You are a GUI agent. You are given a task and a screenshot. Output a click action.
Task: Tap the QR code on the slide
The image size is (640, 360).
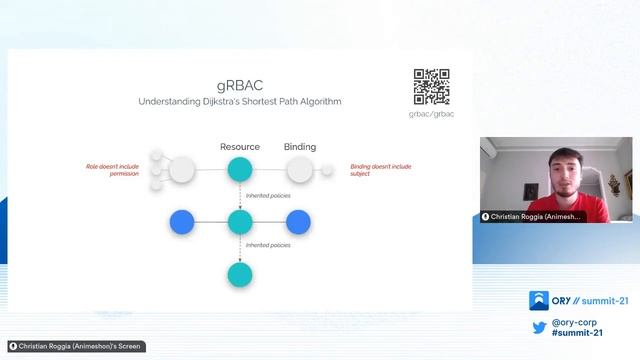point(432,87)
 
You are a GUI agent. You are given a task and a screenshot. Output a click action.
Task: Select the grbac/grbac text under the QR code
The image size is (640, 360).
point(432,114)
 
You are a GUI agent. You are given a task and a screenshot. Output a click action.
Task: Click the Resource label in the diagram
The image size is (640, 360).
point(240,147)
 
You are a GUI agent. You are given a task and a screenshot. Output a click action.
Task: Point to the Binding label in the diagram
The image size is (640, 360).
point(299,147)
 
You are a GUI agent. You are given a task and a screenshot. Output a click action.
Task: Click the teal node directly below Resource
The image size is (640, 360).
point(240,170)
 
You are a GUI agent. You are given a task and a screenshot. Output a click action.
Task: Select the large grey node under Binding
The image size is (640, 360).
point(299,170)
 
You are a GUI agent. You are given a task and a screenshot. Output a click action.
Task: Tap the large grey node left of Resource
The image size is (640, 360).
point(181,170)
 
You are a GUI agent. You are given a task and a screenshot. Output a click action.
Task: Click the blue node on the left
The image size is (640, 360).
point(181,222)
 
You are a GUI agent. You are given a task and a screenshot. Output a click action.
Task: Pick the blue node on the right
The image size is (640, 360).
point(299,222)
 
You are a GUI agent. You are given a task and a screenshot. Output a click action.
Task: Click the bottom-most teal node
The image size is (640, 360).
point(240,274)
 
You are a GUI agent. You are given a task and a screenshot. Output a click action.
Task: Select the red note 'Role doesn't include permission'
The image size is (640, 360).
point(112,170)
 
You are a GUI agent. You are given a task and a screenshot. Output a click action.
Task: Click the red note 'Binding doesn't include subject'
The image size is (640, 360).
point(380,170)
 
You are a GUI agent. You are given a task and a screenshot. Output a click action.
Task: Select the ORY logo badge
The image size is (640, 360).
point(540,301)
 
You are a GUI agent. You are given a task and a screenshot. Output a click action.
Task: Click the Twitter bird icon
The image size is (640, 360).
point(539,327)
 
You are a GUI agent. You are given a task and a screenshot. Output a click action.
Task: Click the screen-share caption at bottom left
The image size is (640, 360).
point(75,346)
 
